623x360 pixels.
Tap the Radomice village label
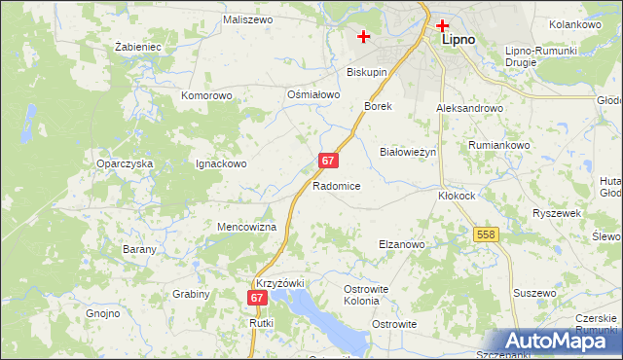(x=338, y=186)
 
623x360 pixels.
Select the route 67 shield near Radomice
(x=328, y=160)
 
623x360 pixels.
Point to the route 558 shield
(x=488, y=234)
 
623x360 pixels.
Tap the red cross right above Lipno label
(x=443, y=26)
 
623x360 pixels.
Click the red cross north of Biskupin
(x=364, y=37)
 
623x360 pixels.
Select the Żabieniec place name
(x=137, y=46)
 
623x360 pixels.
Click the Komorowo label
(x=206, y=96)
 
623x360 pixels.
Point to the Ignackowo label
(x=221, y=164)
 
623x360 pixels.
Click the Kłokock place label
(x=457, y=195)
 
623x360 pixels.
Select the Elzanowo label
(x=401, y=245)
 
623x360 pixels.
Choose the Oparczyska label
(x=125, y=164)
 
